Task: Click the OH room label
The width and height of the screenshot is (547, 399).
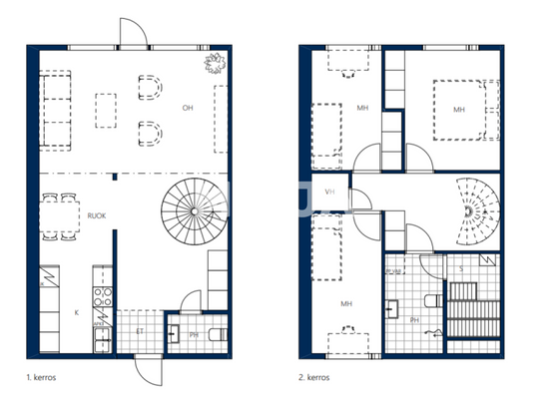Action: point(186,107)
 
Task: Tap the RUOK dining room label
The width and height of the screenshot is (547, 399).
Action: point(98,213)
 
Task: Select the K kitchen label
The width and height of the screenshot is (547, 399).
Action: point(76,311)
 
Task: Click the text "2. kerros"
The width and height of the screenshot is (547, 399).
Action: point(315,378)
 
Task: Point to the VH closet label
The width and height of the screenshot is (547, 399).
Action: point(330,192)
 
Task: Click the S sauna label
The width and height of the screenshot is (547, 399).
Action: point(460,269)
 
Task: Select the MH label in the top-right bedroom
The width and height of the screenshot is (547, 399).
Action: point(458,110)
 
